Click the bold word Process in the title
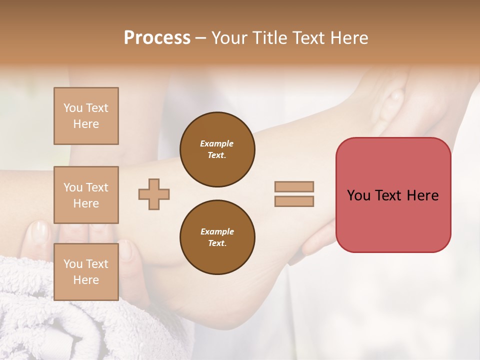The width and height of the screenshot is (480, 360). tap(157, 38)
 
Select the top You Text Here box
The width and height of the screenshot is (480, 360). tap(86, 116)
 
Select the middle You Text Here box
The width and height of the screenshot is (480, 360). tap(86, 195)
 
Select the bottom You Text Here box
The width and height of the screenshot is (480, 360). tap(86, 271)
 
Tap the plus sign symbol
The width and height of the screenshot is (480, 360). tap(154, 194)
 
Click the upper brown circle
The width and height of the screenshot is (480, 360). tap(217, 149)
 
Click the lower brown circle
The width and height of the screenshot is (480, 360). tap(217, 237)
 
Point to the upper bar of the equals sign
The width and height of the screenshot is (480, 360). tap(294, 186)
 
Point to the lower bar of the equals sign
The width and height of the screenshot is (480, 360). tap(294, 201)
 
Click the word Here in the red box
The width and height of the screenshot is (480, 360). tap(422, 195)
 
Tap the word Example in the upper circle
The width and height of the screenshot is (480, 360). tap(217, 144)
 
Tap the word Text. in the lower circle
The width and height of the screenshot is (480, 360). tap(217, 243)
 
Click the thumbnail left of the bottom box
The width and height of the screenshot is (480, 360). tap(39, 231)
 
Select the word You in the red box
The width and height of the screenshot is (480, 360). tap(358, 195)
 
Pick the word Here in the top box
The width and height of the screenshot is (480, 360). tap(86, 124)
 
